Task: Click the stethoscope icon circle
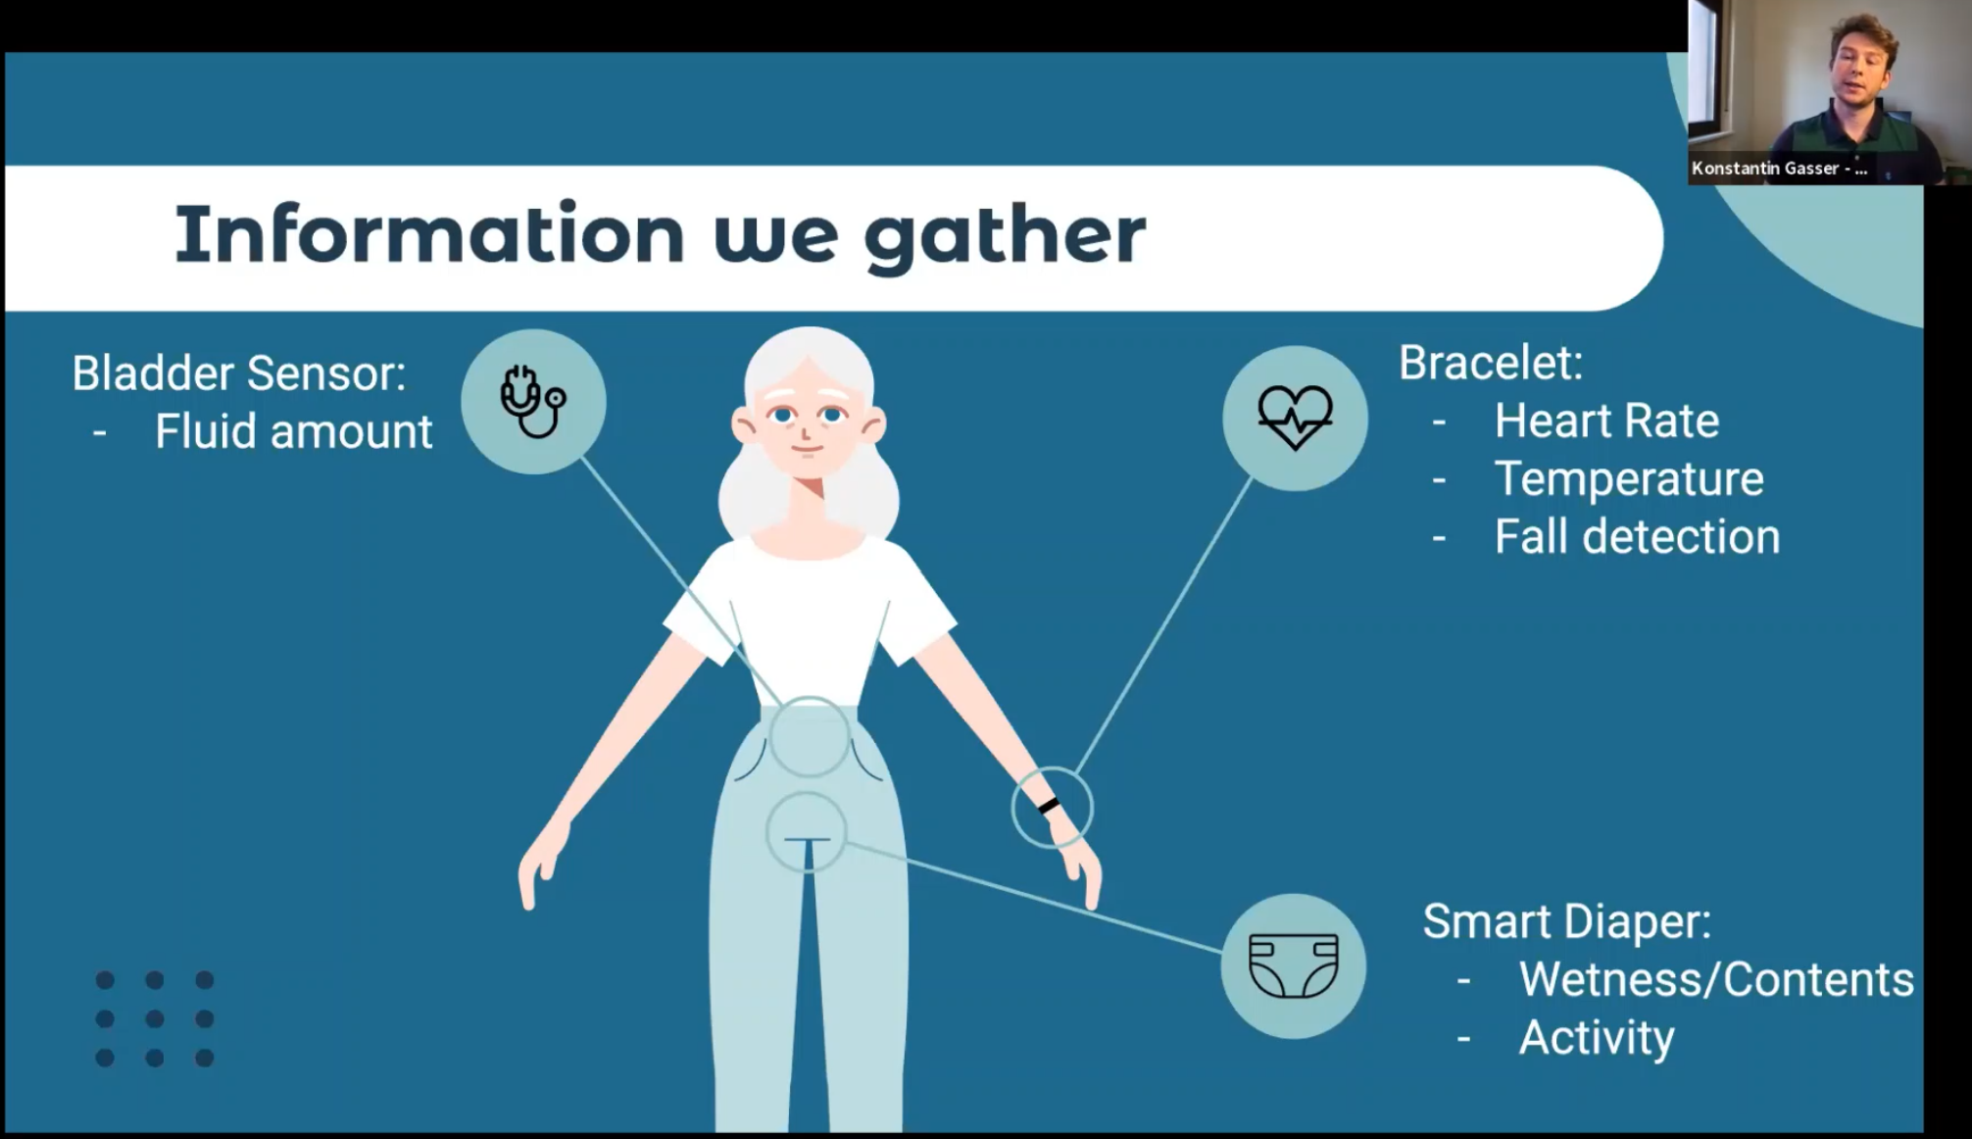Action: [533, 402]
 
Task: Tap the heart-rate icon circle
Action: [1295, 419]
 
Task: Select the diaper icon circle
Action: [1294, 966]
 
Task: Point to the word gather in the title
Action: [1004, 235]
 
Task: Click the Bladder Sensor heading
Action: [239, 373]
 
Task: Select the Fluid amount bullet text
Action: [293, 431]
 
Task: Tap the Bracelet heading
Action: [1491, 363]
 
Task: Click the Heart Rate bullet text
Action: [1606, 421]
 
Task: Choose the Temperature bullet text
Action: [1629, 478]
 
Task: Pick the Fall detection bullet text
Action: [1637, 536]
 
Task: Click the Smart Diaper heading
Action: [1567, 921]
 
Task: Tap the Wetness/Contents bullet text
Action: [1716, 979]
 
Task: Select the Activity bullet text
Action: [1597, 1038]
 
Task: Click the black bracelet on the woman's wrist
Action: [1049, 806]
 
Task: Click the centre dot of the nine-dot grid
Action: [154, 1018]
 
